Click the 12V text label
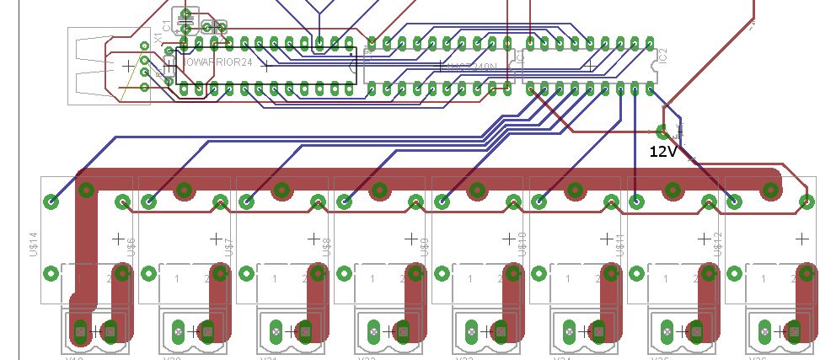click(663, 152)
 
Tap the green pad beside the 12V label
click(662, 131)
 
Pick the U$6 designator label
click(131, 245)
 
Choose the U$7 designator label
click(229, 245)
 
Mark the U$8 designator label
click(327, 245)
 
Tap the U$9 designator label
click(425, 245)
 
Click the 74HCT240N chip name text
click(472, 65)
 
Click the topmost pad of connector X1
click(145, 47)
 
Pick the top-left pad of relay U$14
click(51, 201)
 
